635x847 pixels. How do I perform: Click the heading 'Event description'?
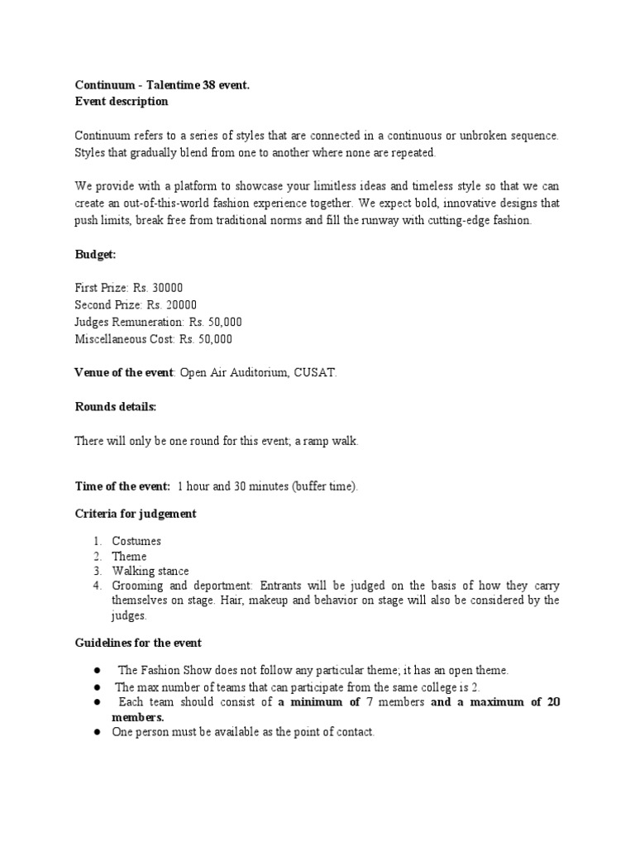122,101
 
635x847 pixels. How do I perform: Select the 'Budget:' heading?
95,256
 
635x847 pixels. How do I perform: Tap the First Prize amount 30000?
168,289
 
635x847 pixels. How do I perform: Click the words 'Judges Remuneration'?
129,322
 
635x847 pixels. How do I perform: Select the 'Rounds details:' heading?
116,407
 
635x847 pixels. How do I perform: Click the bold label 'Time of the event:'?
122,486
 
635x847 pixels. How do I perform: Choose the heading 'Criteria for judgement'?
136,514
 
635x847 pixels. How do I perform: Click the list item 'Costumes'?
136,541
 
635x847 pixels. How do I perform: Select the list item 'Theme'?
129,557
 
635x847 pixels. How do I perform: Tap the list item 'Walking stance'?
150,572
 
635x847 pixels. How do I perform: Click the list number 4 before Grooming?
96,586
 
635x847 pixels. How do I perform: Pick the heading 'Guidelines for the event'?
138,643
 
